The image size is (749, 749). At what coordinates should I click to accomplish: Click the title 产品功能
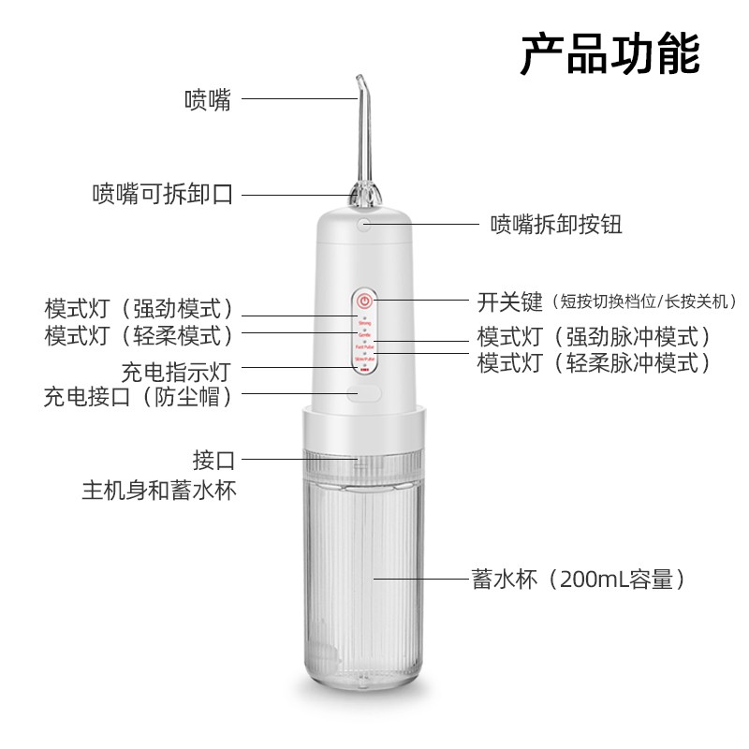tap(609, 55)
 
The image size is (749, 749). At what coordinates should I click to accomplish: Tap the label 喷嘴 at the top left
tap(207, 98)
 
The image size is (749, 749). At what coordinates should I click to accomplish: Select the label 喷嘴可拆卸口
tap(162, 195)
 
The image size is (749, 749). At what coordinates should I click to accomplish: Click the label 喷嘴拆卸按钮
tap(556, 225)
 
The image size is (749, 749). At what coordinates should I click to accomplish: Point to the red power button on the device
tap(365, 302)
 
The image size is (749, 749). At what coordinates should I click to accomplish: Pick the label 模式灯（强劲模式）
tap(139, 310)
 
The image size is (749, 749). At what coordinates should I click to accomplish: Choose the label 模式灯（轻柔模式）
tap(139, 334)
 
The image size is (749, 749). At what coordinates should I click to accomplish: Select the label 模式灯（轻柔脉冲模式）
tap(594, 363)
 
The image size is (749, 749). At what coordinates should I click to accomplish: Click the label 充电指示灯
tap(176, 371)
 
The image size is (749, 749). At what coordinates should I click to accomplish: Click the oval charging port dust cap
tap(365, 394)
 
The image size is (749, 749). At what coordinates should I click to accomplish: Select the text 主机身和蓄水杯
tap(159, 489)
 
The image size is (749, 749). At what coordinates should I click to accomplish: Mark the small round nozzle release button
tap(365, 225)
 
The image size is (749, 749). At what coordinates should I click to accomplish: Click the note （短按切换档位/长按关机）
tap(644, 301)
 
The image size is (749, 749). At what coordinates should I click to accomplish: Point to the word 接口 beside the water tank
tap(213, 460)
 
